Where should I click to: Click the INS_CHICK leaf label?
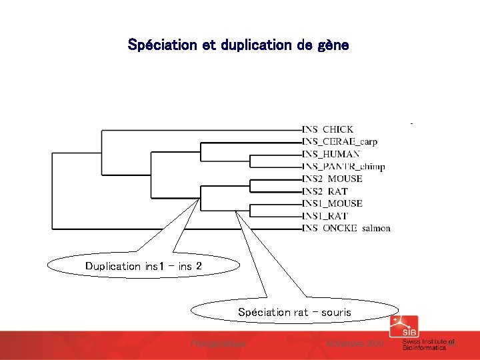coord(328,129)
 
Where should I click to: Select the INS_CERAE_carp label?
coord(339,141)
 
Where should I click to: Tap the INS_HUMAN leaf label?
coord(331,154)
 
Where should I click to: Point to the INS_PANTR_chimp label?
coord(343,166)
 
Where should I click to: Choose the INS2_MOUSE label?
coord(332,179)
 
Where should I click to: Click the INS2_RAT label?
coord(325,191)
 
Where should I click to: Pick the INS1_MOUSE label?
coord(332,203)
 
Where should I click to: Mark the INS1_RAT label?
coord(325,216)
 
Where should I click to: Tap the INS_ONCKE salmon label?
coord(346,228)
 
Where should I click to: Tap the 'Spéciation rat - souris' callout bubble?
coord(295,312)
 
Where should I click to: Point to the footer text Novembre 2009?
coord(355,343)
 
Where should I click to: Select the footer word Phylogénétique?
coord(218,343)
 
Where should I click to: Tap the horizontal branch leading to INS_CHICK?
coord(200,129)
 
